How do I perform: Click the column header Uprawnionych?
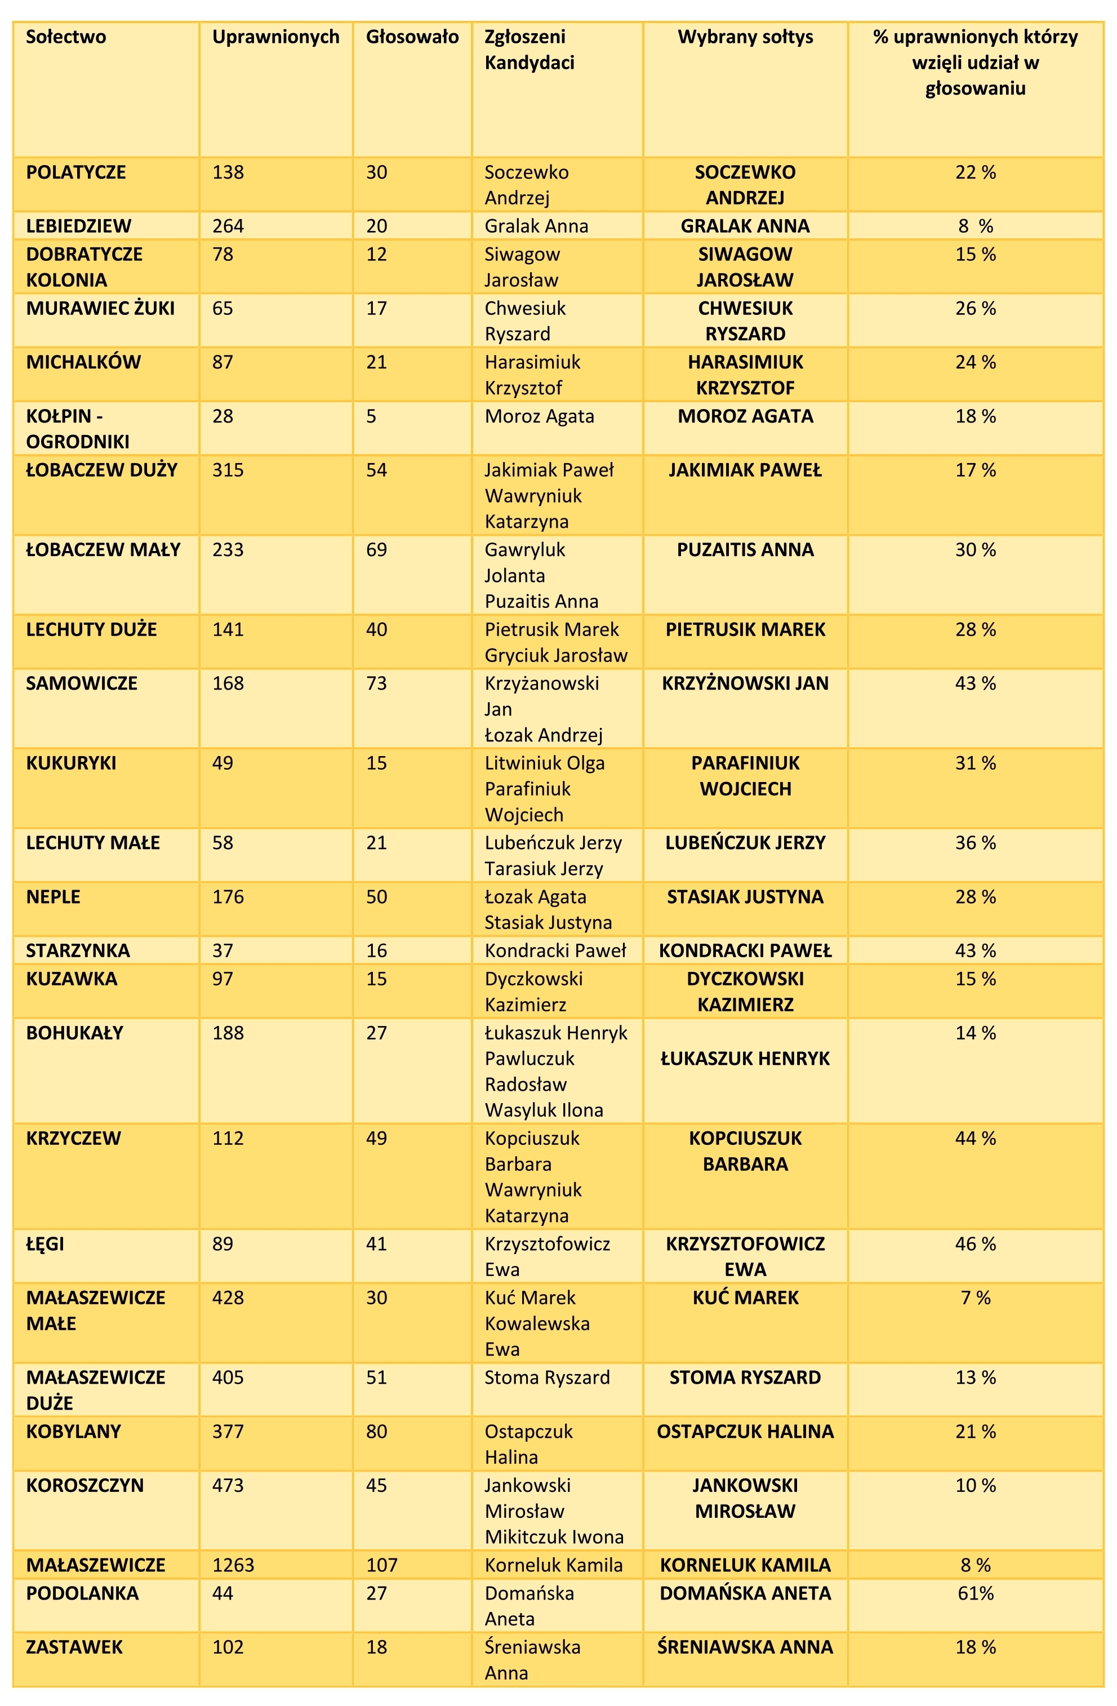click(276, 37)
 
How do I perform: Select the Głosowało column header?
click(412, 37)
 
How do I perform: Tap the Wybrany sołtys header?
click(745, 37)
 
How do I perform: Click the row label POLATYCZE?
click(76, 173)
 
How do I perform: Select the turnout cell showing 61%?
click(975, 1593)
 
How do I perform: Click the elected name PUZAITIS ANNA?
click(745, 550)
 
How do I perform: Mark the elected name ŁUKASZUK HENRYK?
click(745, 1059)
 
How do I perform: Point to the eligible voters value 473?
click(228, 1485)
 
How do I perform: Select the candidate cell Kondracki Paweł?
click(555, 950)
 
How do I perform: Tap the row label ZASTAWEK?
click(74, 1647)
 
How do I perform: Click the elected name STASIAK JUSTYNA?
click(745, 897)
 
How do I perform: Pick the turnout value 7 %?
click(975, 1298)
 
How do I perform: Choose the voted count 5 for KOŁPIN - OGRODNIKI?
click(371, 416)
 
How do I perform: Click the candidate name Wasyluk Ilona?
click(544, 1110)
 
